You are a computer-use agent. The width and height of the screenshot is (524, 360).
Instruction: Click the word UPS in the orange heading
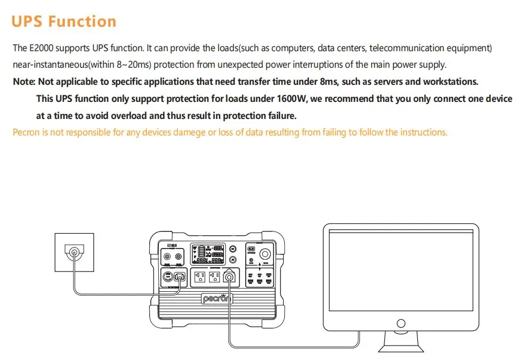26,21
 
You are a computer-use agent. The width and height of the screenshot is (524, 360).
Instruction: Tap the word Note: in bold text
24,82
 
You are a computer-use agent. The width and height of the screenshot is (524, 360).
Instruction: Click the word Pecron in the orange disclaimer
26,132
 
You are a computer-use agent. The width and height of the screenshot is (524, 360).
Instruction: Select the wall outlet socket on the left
74,252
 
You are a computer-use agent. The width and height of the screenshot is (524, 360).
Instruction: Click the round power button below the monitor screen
401,323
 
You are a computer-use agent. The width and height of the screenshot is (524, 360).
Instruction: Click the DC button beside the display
233,249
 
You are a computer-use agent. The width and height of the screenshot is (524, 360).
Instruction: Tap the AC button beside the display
233,260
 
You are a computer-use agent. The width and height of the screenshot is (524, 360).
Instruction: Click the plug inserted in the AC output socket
230,277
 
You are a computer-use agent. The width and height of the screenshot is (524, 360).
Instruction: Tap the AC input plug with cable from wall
179,277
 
